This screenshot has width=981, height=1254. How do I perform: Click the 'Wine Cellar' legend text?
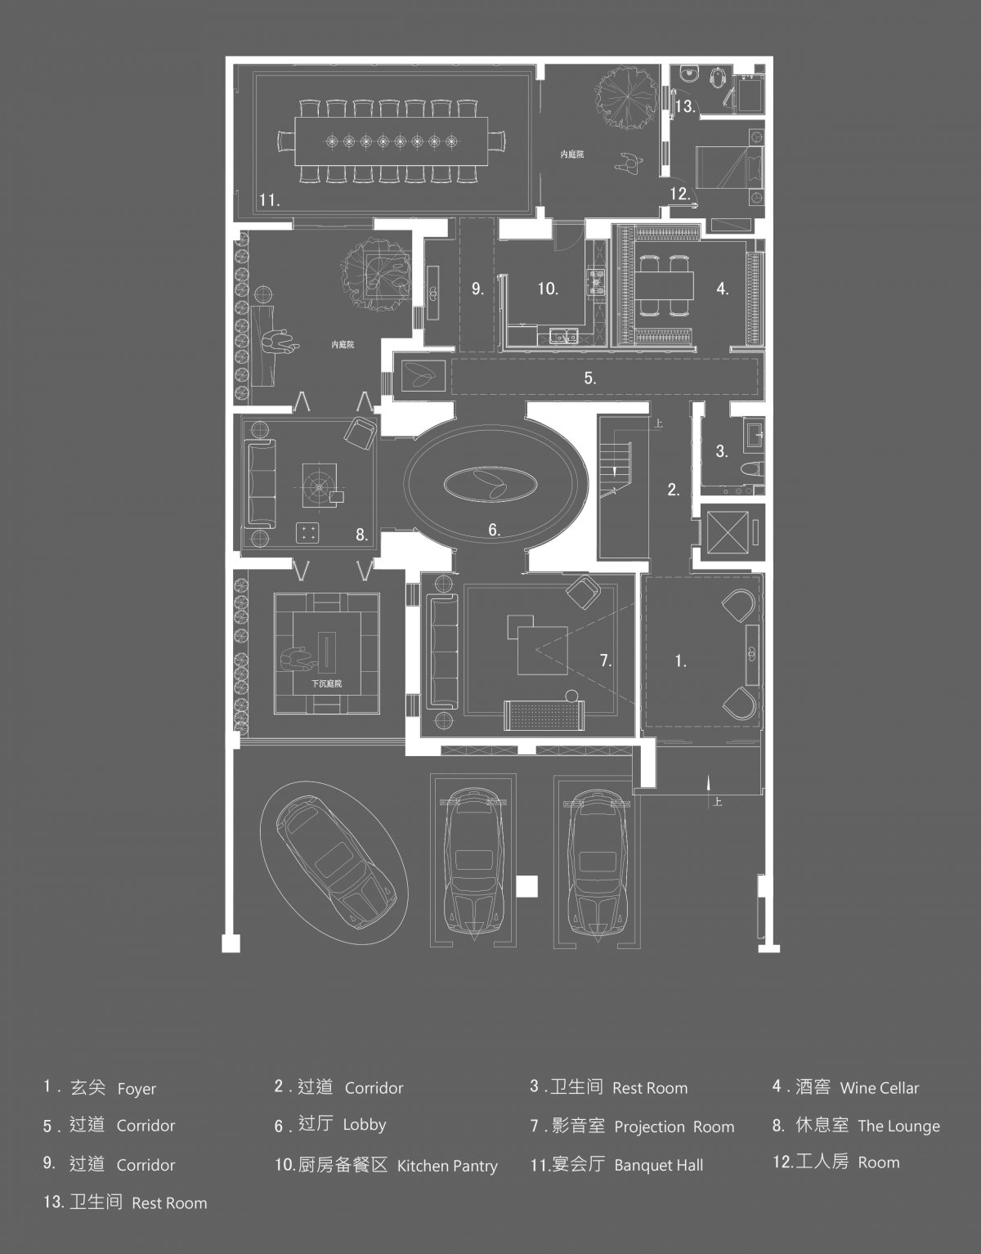coord(880,1088)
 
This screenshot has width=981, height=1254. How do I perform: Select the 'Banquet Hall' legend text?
coord(658,1165)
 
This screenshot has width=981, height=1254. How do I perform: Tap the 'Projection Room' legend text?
coord(674,1126)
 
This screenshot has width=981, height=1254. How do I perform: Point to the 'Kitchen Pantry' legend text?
coord(447,1166)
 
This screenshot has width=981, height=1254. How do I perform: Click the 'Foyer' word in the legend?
coord(137,1089)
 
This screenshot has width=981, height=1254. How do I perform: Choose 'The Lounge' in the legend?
coord(899,1126)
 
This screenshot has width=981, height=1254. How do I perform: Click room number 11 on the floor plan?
coord(269,200)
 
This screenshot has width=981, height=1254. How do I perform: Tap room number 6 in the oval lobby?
coord(494,530)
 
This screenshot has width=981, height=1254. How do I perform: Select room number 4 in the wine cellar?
coord(723,289)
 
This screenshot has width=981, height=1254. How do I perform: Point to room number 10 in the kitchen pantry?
coord(548,289)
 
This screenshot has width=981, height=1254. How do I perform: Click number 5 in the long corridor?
coord(589,378)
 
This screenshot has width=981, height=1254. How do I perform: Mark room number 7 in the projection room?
coord(605,661)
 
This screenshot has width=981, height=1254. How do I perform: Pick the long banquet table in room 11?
coord(392,141)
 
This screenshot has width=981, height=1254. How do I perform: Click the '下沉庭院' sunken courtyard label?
coord(327,683)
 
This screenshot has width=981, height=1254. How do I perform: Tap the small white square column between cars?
coord(526,886)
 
